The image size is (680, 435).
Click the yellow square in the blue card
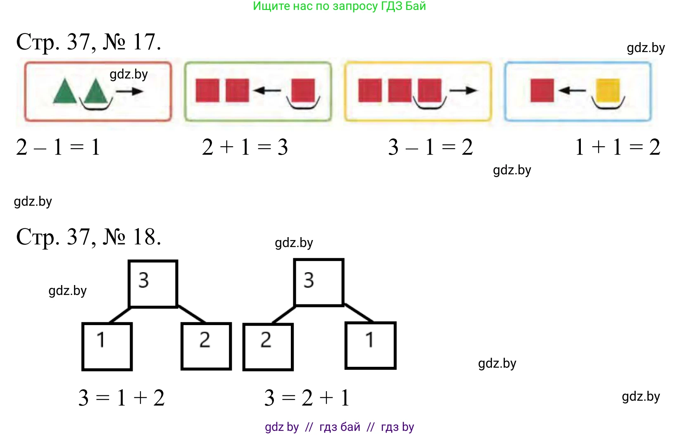coord(608,90)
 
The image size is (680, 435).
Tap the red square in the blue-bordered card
coord(542,90)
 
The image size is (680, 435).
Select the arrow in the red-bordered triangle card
coord(129,91)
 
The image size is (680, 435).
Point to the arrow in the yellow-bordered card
coord(463,90)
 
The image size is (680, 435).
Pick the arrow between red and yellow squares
coord(572,90)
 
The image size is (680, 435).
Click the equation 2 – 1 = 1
coord(58,147)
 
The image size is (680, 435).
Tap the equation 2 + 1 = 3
coord(245,147)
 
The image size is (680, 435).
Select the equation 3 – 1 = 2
coord(430,147)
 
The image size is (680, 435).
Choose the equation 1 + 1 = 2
coord(618,147)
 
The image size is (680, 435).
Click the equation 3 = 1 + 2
coord(121,398)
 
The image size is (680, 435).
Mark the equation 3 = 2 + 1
coord(307,398)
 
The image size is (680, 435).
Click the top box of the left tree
coord(153,284)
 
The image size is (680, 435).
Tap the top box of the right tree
coord(319,283)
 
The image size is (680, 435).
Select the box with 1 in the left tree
coord(107,346)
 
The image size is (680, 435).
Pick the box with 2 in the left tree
coord(206,346)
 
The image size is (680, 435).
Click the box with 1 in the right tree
coord(371,345)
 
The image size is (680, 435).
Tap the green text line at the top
coord(339,6)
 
